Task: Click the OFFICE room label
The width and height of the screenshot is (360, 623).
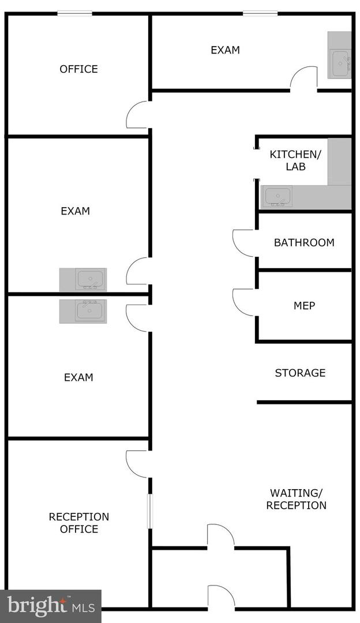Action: pyautogui.click(x=78, y=69)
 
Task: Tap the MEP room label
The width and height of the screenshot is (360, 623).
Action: pyautogui.click(x=304, y=306)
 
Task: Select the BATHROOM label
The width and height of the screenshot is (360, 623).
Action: pyautogui.click(x=304, y=242)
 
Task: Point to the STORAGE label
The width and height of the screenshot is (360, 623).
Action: pyautogui.click(x=300, y=373)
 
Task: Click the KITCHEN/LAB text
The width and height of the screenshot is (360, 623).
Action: pyautogui.click(x=295, y=160)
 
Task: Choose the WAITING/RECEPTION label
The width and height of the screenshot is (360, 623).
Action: pyautogui.click(x=297, y=499)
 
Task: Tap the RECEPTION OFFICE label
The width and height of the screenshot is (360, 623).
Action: pyautogui.click(x=78, y=523)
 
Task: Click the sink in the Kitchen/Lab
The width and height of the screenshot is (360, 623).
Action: pyautogui.click(x=277, y=196)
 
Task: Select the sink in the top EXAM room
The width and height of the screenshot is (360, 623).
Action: pyautogui.click(x=340, y=63)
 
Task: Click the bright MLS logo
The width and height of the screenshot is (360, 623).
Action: pyautogui.click(x=51, y=606)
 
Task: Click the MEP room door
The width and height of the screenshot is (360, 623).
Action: pyautogui.click(x=243, y=302)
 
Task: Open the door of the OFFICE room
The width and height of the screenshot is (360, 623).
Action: pyautogui.click(x=137, y=115)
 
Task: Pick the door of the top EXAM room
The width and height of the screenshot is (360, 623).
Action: pyautogui.click(x=303, y=78)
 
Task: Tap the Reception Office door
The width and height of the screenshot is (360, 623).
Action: pyautogui.click(x=137, y=464)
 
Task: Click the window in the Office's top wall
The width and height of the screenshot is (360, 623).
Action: pyautogui.click(x=74, y=14)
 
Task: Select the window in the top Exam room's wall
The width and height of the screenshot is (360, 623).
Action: pyautogui.click(x=260, y=14)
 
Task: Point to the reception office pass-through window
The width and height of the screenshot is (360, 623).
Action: pyautogui.click(x=150, y=511)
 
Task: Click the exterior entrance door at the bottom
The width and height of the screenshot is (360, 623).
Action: pyautogui.click(x=221, y=597)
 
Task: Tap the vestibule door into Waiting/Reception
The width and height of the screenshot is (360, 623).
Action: pyautogui.click(x=221, y=536)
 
